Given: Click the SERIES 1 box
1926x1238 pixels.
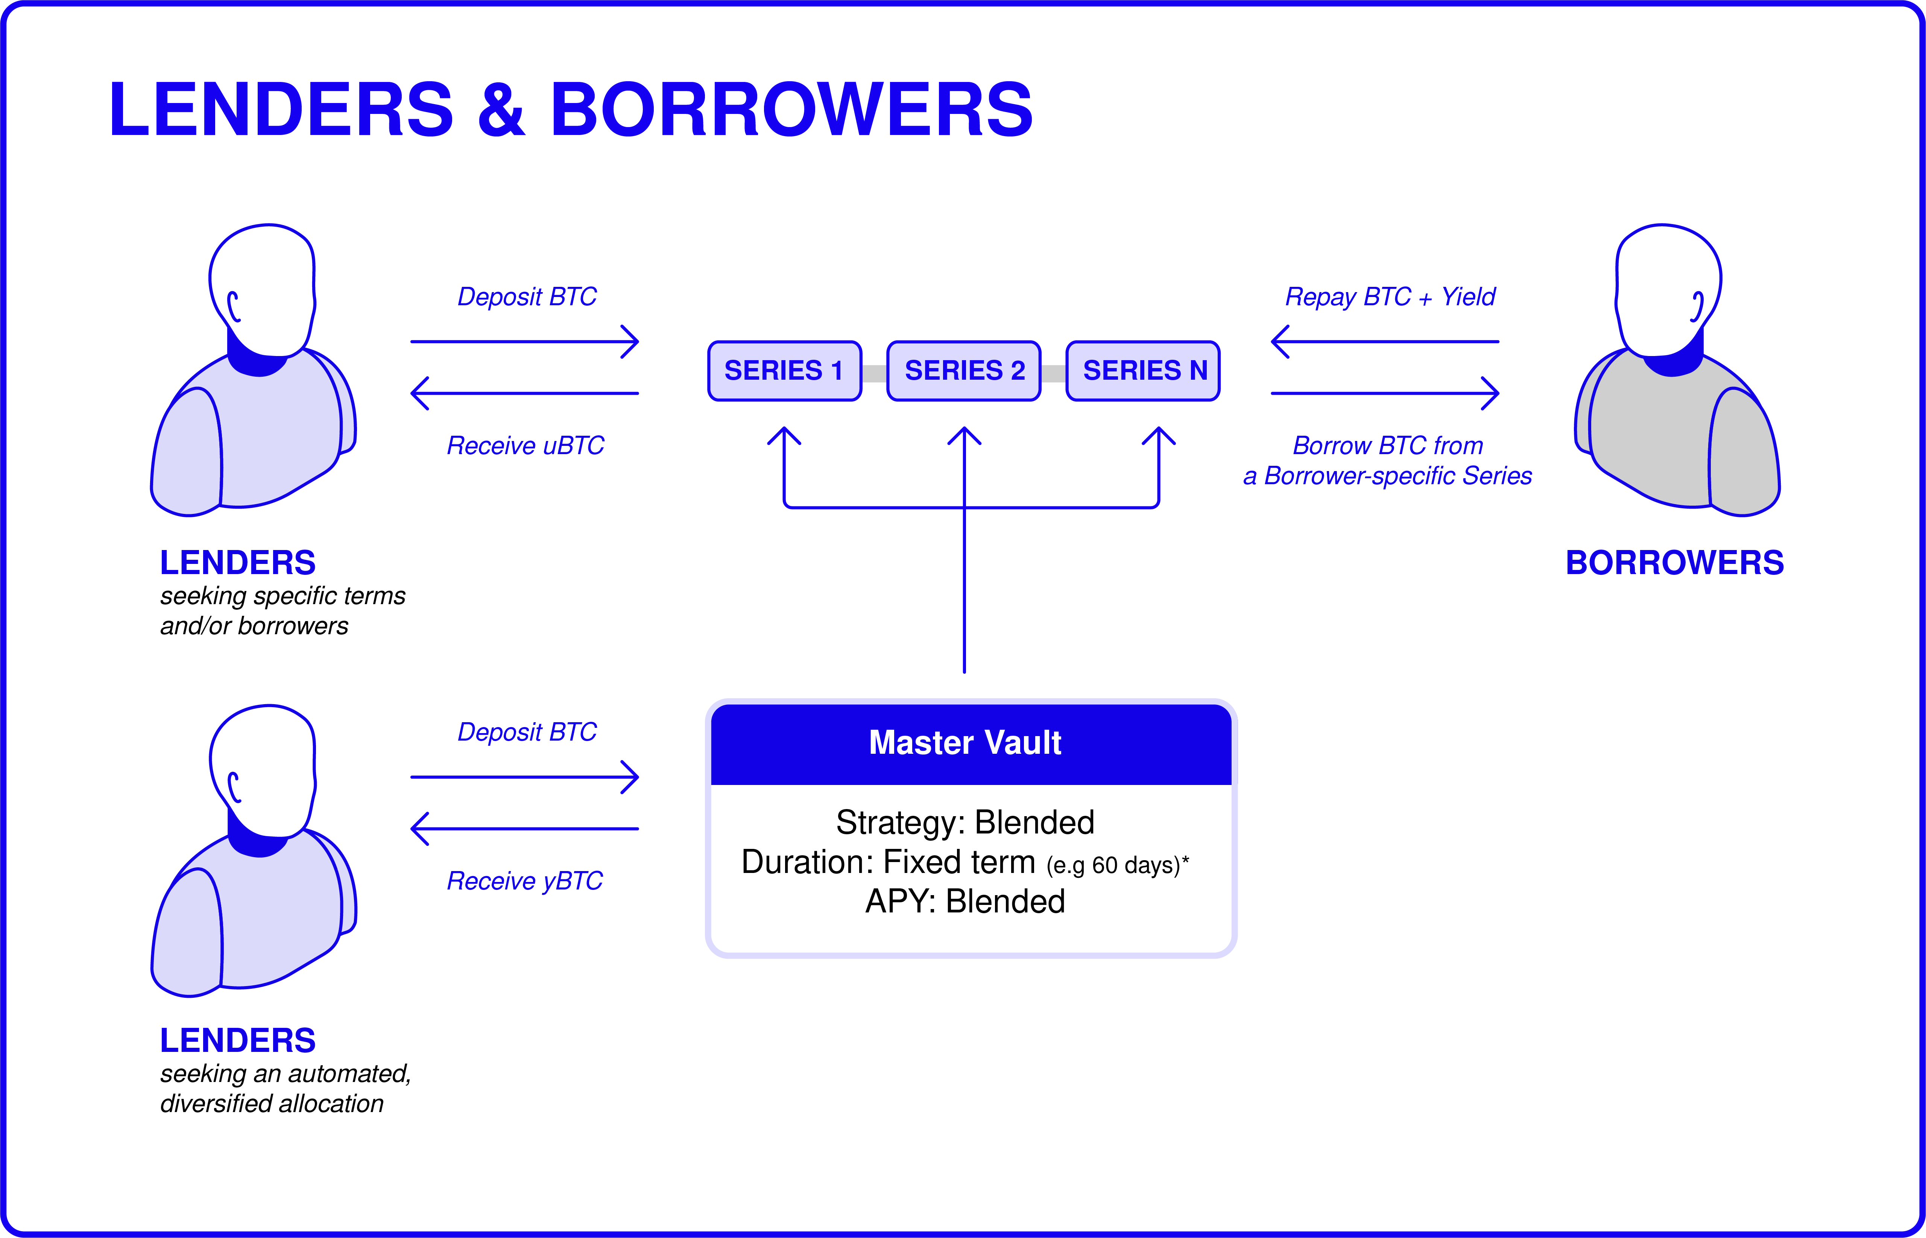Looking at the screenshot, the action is [784, 371].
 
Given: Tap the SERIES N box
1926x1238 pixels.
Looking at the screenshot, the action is [1143, 371].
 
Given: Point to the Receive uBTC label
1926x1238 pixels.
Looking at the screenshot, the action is [525, 445].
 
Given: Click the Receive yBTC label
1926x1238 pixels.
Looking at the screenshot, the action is [524, 881].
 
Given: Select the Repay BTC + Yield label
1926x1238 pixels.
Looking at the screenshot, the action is [1390, 297].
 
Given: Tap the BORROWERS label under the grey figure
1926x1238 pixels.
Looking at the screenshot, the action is [1674, 563].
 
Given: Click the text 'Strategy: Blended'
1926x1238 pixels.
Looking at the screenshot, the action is [965, 822].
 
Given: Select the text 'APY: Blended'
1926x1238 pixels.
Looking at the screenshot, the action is [965, 901].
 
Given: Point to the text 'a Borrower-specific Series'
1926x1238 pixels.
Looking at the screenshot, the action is [1387, 476].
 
